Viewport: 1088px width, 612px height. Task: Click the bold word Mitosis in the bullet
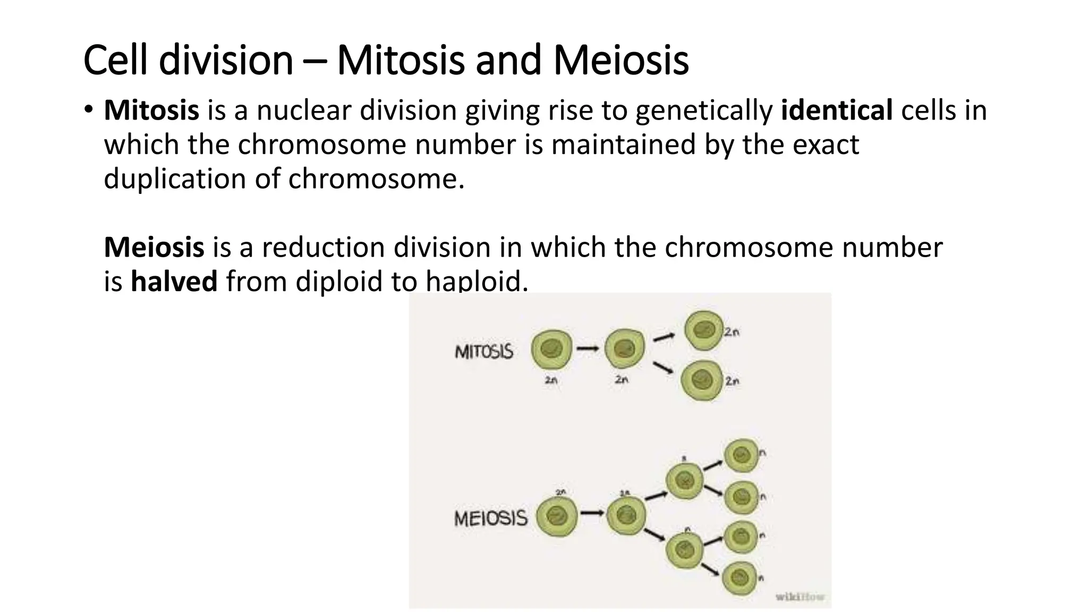pos(151,110)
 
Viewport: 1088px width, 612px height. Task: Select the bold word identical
pos(837,110)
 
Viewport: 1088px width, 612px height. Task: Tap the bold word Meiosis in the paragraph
pos(154,247)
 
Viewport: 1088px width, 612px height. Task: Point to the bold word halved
pos(174,281)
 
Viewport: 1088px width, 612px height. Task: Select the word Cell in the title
pos(115,60)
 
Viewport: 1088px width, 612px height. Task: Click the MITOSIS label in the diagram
pos(484,352)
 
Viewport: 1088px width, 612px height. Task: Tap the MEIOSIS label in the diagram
pos(490,518)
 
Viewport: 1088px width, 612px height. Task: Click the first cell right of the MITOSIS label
pos(551,349)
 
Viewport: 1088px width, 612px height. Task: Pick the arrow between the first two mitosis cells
pos(588,348)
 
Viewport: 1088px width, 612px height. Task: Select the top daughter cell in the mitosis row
pos(703,330)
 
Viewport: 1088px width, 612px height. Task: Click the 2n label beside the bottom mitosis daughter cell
pos(732,381)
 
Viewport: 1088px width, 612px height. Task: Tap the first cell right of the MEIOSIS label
pos(556,516)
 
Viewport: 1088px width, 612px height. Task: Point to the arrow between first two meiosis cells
pos(592,513)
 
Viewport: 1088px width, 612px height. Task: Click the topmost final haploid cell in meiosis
pos(741,455)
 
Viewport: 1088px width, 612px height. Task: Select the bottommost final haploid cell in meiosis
pos(739,577)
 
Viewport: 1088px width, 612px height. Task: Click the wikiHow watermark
pos(800,597)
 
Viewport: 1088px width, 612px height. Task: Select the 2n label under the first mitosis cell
pos(551,380)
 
